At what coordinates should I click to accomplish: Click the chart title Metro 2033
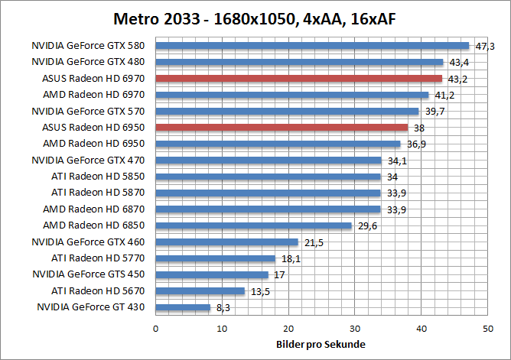255,18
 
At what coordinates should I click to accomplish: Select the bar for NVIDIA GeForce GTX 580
312,46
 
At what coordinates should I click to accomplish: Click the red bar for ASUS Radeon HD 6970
298,79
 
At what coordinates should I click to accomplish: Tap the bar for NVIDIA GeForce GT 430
183,307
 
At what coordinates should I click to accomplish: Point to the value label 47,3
485,47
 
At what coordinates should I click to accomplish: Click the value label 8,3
223,308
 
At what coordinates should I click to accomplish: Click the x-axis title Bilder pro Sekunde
321,345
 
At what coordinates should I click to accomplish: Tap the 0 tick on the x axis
156,328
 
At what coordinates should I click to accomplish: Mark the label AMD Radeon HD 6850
97,225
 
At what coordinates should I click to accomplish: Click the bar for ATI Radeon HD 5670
200,291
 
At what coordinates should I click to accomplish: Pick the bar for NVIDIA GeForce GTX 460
226,242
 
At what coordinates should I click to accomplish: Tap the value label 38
419,128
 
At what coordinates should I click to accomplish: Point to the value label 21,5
314,242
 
